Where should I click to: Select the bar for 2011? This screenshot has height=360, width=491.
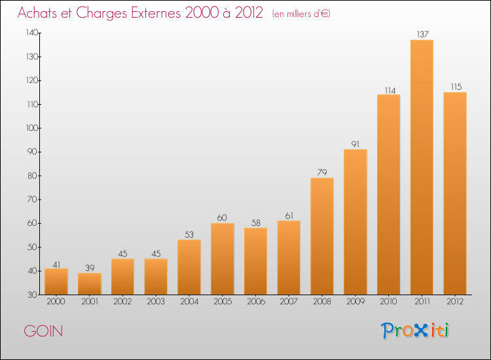(422, 167)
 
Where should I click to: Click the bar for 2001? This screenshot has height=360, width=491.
(90, 283)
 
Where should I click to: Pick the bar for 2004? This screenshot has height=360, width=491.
(189, 266)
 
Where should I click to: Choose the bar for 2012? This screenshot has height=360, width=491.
(455, 193)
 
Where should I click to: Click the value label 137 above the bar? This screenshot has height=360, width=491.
(422, 34)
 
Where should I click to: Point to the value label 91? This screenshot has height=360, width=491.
(355, 144)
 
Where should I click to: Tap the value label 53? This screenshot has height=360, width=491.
(189, 234)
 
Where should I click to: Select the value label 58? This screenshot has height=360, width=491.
(255, 223)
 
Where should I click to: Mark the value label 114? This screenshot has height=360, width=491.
(389, 90)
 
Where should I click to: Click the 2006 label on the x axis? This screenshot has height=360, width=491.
(255, 302)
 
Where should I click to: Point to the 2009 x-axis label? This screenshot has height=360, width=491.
(355, 302)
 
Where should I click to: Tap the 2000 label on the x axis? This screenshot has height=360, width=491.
(56, 302)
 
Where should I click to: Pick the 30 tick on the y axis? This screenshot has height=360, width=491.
(31, 295)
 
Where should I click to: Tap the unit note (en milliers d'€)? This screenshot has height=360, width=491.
(300, 14)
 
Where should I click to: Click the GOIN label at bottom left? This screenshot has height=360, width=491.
(44, 331)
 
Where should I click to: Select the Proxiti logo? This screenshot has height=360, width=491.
(415, 331)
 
